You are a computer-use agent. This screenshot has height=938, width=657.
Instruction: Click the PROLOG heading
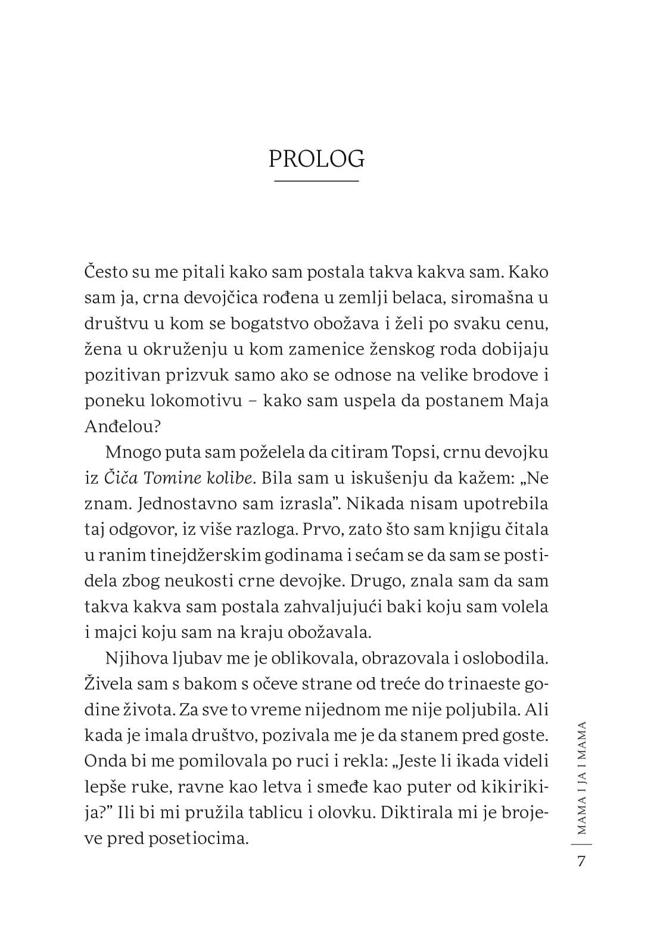pos(316,159)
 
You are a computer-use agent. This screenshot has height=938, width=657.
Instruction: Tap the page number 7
pos(581,862)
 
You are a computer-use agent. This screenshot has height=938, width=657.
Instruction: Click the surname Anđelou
pos(119,426)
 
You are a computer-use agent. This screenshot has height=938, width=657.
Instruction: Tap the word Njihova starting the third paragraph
pos(138,658)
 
